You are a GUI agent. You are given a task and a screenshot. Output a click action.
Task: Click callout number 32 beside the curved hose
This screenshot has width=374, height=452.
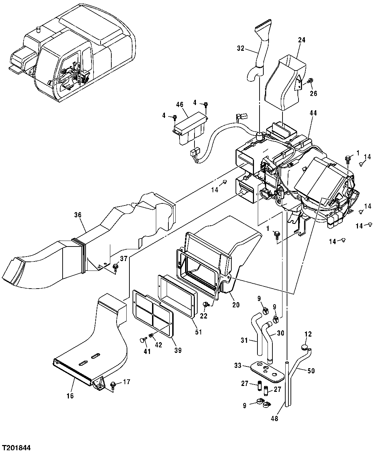pyautogui.click(x=241, y=49)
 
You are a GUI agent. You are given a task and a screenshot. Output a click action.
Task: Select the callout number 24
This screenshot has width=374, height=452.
pyautogui.click(x=301, y=40)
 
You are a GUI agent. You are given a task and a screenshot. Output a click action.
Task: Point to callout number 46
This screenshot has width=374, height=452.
pyautogui.click(x=180, y=104)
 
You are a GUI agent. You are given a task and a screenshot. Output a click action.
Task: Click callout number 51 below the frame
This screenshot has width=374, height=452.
pyautogui.click(x=198, y=332)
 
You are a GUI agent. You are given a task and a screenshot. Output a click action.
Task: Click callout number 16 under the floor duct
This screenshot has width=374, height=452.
pyautogui.click(x=70, y=396)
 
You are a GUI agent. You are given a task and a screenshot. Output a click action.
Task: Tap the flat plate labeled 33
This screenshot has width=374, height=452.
pyautogui.click(x=266, y=369)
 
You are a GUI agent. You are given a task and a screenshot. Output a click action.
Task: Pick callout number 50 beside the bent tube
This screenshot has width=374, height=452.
pyautogui.click(x=311, y=371)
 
